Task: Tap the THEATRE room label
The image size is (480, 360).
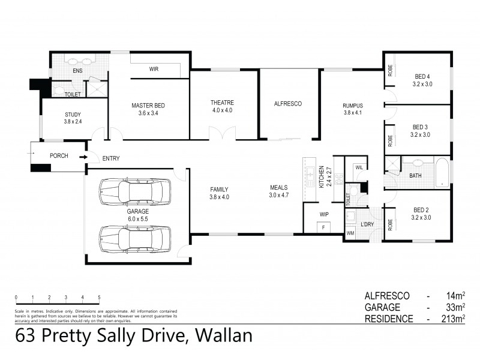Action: point(222,102)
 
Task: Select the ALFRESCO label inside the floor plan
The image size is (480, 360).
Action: point(287,104)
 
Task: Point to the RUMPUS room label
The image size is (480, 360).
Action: point(353,106)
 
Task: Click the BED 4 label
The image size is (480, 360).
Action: point(422,76)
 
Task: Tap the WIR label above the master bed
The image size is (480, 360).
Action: point(154,69)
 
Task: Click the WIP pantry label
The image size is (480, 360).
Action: point(324,214)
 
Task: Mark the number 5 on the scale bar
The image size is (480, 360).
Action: point(99,298)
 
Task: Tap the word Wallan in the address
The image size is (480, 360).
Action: point(220,336)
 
